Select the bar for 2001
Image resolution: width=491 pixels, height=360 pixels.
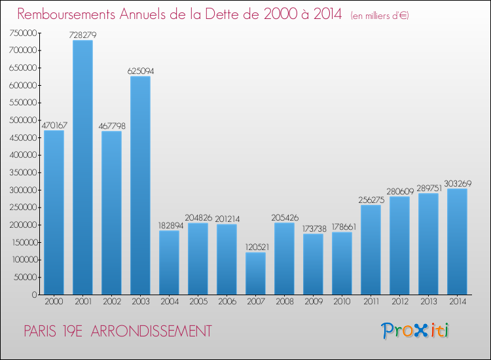point(82,168)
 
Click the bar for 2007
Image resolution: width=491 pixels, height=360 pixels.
point(255,274)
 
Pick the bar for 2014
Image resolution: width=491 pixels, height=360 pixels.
point(457,242)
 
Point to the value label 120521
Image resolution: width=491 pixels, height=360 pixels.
point(255,247)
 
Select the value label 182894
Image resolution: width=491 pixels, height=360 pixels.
point(169,225)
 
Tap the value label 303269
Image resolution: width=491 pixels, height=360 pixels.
point(457,183)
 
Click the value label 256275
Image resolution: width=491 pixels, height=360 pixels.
point(371,200)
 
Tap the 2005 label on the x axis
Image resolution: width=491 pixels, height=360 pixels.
point(198,302)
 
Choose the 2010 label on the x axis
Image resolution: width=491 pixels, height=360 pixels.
point(342,302)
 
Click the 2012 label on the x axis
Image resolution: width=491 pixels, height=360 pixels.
point(399,302)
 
